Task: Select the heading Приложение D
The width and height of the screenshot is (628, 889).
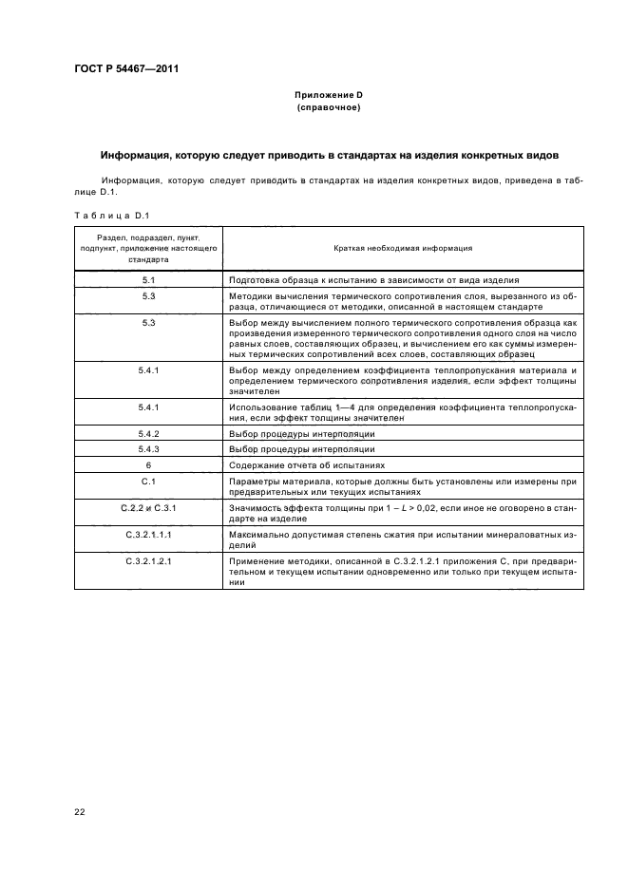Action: [x=328, y=96]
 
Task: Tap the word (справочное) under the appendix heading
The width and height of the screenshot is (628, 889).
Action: [x=328, y=107]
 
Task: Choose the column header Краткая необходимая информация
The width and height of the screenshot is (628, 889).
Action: [x=403, y=249]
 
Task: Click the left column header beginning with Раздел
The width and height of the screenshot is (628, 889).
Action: [x=148, y=249]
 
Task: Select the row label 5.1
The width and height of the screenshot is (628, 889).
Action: [x=148, y=281]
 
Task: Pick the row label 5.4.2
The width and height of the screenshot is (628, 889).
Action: [x=148, y=433]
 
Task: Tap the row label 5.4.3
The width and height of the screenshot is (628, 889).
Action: [x=148, y=448]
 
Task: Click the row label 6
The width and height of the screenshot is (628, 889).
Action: [x=148, y=464]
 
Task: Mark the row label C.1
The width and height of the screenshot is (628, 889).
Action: [x=148, y=482]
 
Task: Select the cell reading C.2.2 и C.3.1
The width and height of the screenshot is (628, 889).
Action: [x=148, y=509]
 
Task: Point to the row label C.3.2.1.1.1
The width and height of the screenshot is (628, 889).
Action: [x=148, y=536]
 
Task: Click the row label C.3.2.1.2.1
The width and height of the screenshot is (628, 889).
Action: [x=148, y=562]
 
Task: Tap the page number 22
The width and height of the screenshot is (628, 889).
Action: [x=80, y=813]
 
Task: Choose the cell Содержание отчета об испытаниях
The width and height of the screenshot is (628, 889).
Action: [x=307, y=465]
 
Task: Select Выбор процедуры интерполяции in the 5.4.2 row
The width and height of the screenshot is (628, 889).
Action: [x=302, y=433]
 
